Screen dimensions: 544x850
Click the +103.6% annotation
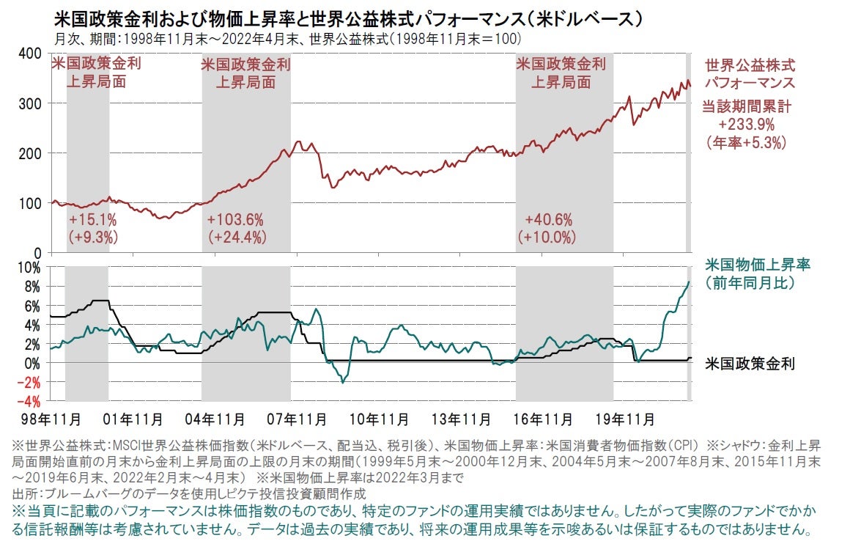point(235,220)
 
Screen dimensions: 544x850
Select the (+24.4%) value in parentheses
point(237,237)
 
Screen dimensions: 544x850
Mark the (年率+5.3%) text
point(747,141)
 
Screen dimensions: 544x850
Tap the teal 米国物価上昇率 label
point(750,265)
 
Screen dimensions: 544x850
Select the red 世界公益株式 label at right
point(750,65)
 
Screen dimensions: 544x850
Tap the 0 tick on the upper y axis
point(37,252)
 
